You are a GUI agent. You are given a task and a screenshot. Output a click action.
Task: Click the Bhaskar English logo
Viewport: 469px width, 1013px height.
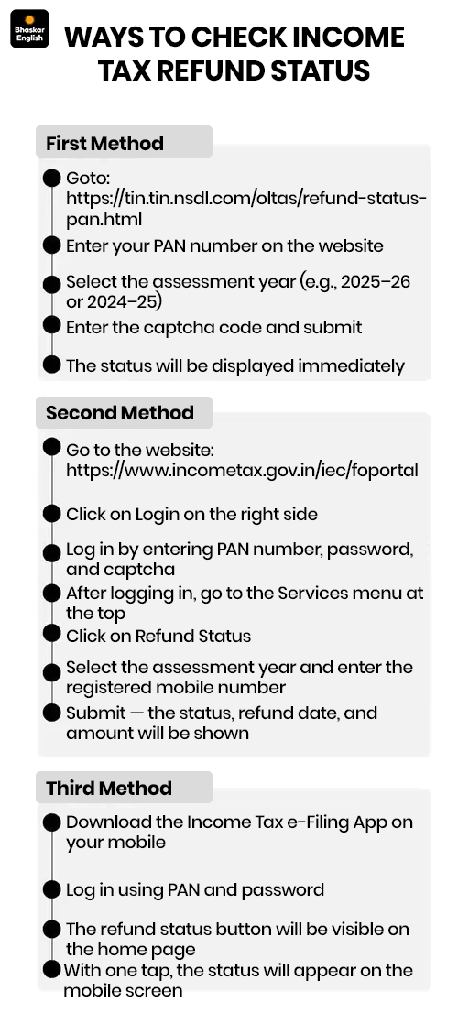click(29, 29)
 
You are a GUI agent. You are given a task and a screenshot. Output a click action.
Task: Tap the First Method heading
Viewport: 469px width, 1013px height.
click(104, 144)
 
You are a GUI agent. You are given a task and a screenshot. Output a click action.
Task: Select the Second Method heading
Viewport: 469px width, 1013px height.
click(119, 413)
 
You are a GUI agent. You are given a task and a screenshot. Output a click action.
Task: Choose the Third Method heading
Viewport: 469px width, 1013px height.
click(108, 789)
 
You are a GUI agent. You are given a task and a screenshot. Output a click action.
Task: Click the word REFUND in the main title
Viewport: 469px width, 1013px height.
click(207, 70)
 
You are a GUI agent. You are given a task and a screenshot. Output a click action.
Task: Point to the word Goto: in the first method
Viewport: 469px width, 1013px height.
click(88, 178)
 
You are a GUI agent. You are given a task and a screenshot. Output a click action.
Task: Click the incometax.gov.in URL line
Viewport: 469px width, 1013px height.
click(242, 471)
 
